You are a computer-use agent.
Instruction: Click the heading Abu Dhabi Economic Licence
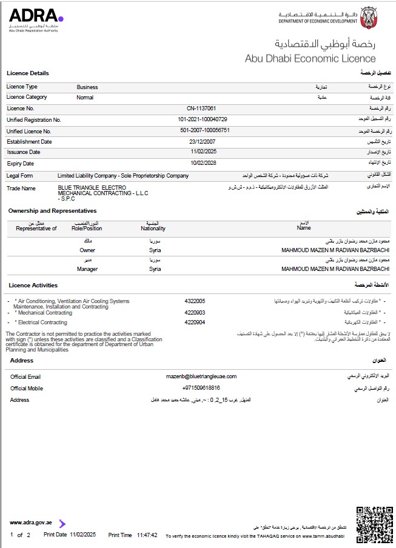click(310, 59)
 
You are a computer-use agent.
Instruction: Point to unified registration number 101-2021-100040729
click(203, 119)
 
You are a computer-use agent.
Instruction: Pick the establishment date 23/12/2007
click(203, 141)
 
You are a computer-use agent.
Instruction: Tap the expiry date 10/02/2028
click(203, 163)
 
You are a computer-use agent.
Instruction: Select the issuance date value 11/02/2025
click(203, 152)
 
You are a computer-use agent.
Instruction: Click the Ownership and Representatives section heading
click(52, 210)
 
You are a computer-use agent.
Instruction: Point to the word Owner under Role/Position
click(87, 250)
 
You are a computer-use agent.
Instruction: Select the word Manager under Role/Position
click(87, 269)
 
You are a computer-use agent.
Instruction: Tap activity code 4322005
click(195, 301)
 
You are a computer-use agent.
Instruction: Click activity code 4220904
click(195, 322)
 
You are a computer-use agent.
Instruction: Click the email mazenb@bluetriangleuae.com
click(201, 376)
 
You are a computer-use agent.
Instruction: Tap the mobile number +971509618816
click(201, 388)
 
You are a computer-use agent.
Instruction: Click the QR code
click(374, 524)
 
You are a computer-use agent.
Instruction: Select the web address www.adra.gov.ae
click(31, 522)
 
